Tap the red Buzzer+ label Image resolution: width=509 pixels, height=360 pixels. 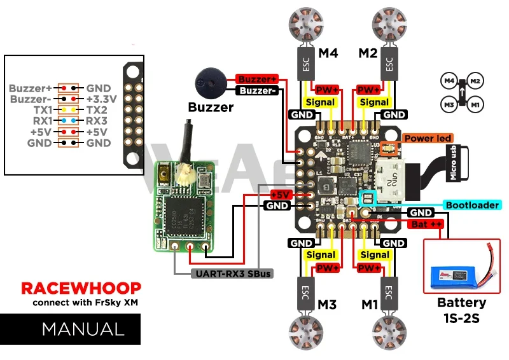point(257,79)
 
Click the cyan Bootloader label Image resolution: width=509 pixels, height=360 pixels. point(471,205)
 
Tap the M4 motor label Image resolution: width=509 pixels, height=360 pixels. point(328,53)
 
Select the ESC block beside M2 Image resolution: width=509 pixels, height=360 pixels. point(387,63)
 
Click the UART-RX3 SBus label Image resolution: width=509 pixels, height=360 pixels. point(232,274)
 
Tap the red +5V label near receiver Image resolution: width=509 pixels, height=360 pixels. point(280,194)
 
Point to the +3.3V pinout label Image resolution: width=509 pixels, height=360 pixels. point(102,99)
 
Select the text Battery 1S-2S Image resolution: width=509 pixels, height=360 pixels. point(462,310)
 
